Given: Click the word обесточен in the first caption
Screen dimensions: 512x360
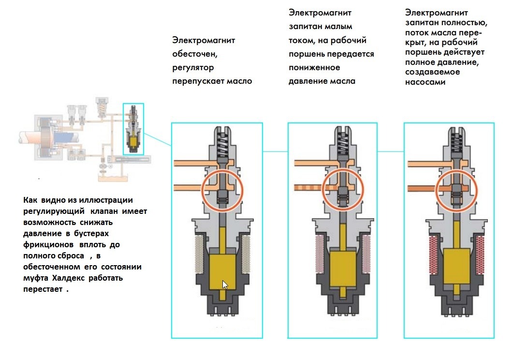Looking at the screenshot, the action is (195, 54).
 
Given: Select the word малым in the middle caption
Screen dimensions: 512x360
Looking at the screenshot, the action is (339, 27).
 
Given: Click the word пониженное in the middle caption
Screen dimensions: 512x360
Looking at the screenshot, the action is (314, 68).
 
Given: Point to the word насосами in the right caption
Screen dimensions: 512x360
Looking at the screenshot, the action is (425, 82).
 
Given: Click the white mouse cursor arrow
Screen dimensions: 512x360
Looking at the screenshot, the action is (225, 285).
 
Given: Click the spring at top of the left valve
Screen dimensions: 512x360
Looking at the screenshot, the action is (222, 142).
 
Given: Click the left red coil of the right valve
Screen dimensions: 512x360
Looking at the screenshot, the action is (434, 255).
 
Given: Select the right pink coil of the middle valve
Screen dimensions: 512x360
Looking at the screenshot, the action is (366, 254).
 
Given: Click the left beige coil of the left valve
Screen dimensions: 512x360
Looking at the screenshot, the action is (199, 254).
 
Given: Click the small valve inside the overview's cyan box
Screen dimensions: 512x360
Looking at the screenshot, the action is (133, 129).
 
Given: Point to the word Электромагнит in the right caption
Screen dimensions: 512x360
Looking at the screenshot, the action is (437, 13).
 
